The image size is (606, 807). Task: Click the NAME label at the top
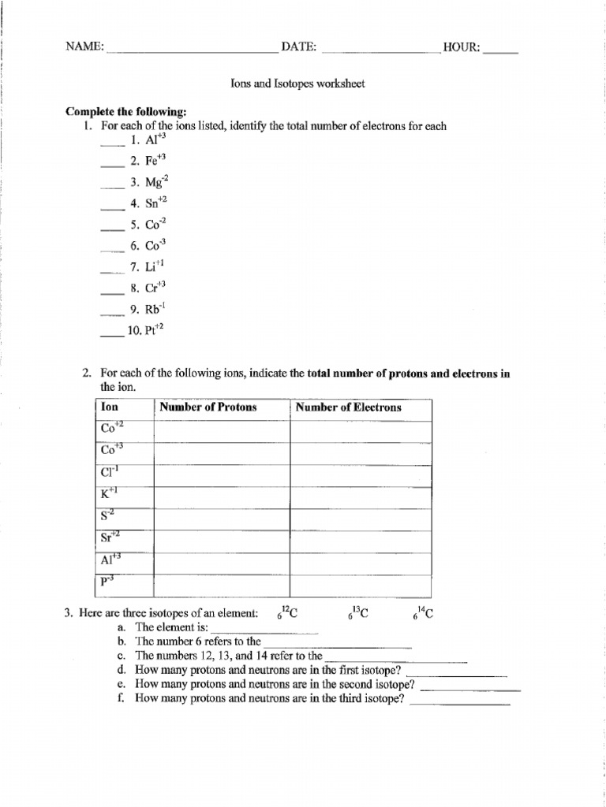pyautogui.click(x=84, y=47)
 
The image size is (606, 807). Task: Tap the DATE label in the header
pyautogui.click(x=299, y=47)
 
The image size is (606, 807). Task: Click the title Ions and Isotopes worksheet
pyautogui.click(x=297, y=84)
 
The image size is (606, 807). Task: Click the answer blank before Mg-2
pyautogui.click(x=113, y=185)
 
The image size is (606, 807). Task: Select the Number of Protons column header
pyautogui.click(x=208, y=407)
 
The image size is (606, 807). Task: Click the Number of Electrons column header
pyautogui.click(x=348, y=407)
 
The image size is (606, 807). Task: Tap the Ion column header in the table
pyautogui.click(x=110, y=407)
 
